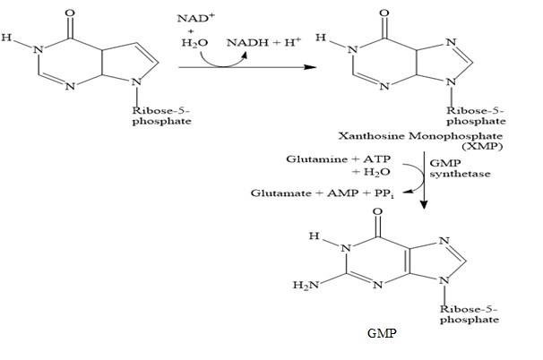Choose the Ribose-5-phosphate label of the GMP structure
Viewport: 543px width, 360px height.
coord(467,313)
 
